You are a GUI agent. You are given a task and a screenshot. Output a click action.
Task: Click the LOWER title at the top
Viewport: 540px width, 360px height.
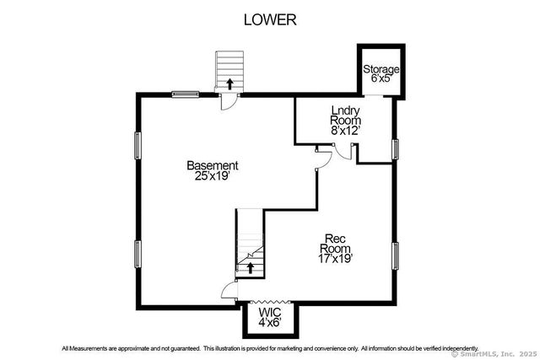pos(270,19)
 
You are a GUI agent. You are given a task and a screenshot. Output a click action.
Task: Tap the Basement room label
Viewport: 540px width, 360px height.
pos(213,165)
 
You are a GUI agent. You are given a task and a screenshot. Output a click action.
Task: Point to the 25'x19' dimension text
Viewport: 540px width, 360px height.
pos(212,176)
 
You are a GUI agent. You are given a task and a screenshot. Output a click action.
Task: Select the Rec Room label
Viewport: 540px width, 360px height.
pos(335,244)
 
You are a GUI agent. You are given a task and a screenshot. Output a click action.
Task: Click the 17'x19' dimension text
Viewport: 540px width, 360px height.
pos(336,258)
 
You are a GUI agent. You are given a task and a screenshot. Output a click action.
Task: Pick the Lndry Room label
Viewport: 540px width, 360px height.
pos(345,116)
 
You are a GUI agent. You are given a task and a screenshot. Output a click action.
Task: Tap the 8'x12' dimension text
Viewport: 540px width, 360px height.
pos(345,131)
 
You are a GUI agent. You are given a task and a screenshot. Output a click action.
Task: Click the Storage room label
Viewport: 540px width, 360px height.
pos(381,69)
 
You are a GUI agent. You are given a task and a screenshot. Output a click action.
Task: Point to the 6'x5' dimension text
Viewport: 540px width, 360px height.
pos(381,78)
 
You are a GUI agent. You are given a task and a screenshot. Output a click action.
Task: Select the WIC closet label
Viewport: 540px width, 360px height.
pos(270,313)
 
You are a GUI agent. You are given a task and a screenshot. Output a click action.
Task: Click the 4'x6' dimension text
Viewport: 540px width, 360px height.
pos(270,323)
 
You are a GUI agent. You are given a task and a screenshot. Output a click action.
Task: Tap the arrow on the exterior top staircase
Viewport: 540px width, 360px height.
pos(229,84)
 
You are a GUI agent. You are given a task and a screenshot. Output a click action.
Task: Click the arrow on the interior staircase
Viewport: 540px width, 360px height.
pos(251,267)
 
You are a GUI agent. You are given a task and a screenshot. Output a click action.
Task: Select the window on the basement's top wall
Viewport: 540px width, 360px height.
pos(186,94)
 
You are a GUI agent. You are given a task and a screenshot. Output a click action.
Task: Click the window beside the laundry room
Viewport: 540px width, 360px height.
pos(396,150)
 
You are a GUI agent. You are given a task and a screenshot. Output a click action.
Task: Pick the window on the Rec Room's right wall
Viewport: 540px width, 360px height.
pos(396,255)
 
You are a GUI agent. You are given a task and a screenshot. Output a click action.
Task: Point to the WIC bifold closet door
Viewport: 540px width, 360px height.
pos(271,302)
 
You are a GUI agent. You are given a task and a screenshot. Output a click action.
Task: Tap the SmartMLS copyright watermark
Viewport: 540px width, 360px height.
pos(494,354)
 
